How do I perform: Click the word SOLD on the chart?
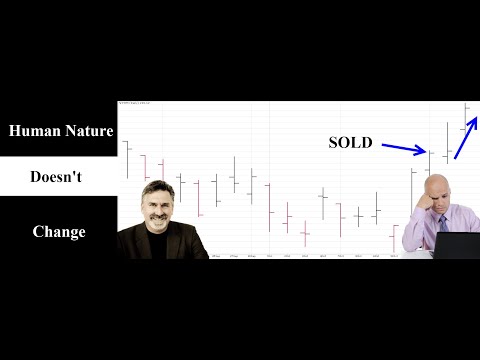[350, 143]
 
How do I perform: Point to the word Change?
[58, 231]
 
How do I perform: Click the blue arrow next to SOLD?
[402, 148]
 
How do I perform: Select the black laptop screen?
[457, 245]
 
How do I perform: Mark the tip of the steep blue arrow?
[476, 119]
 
